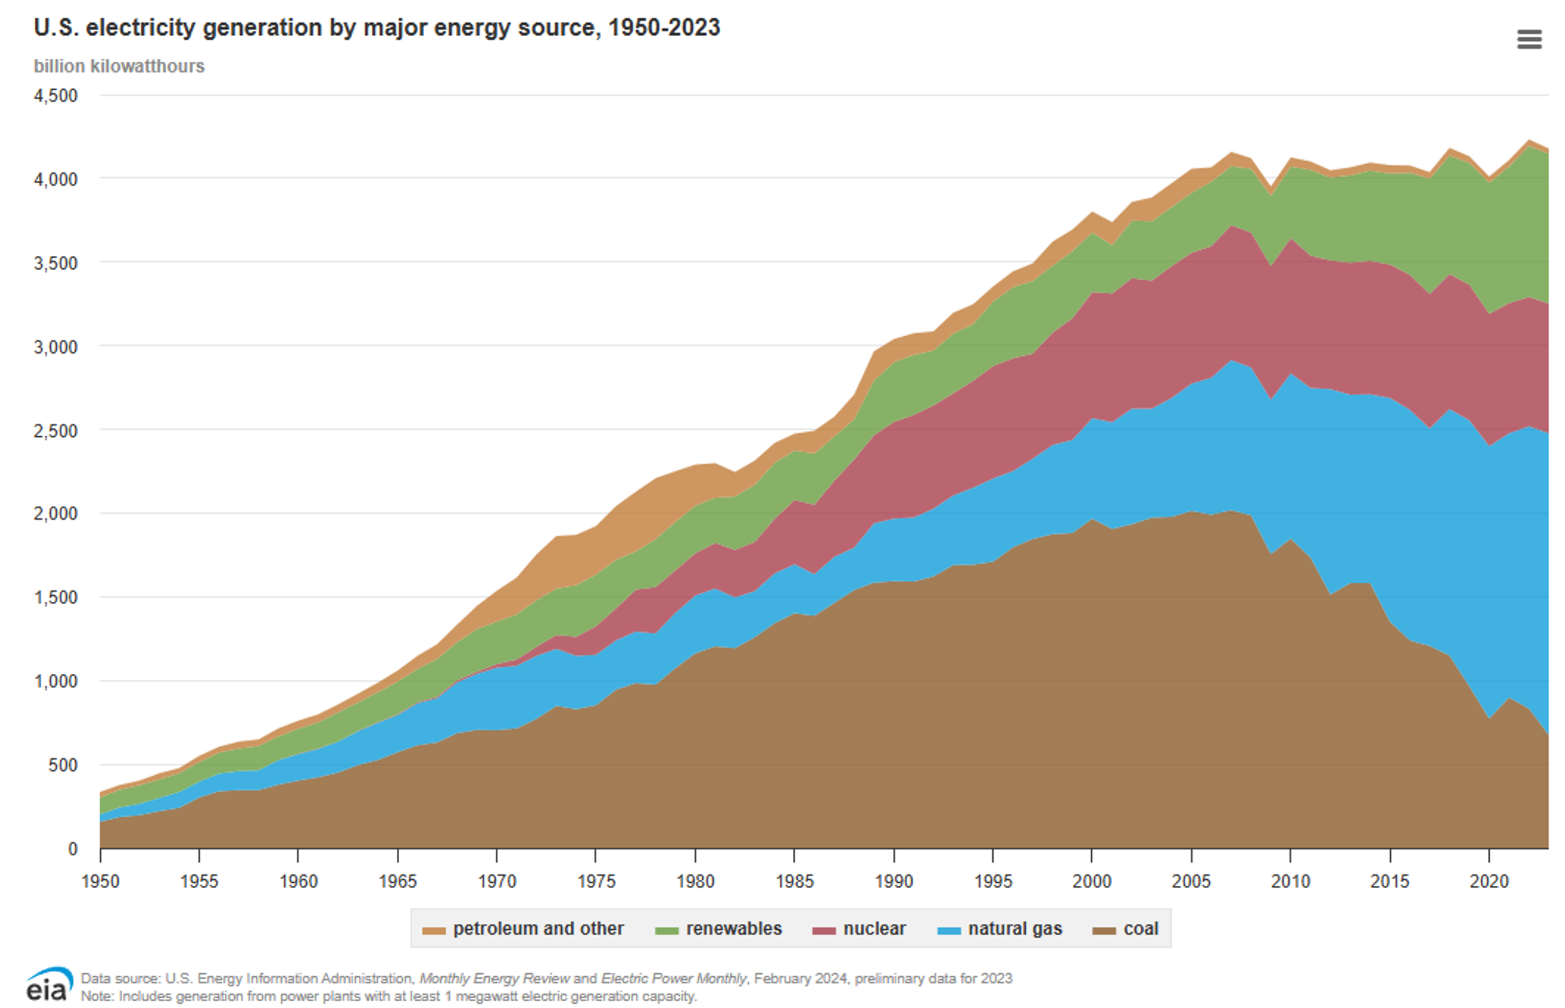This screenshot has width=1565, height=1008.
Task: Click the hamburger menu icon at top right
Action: [x=1528, y=39]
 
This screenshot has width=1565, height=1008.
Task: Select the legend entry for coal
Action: [x=1126, y=929]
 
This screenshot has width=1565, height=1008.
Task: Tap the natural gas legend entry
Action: [x=1000, y=929]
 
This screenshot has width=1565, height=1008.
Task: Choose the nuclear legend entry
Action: [x=859, y=929]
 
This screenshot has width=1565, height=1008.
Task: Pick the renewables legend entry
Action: [x=718, y=929]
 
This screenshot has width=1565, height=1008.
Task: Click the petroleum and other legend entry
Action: [x=523, y=929]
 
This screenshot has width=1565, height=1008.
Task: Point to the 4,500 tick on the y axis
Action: [x=56, y=95]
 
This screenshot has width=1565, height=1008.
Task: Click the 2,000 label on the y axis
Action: [x=56, y=513]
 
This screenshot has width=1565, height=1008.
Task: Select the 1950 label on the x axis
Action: [x=100, y=881]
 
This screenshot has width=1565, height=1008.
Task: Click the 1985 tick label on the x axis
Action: [x=794, y=881]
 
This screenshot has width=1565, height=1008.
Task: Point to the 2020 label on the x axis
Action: [x=1489, y=881]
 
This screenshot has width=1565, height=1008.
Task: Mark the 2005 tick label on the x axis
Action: [x=1191, y=881]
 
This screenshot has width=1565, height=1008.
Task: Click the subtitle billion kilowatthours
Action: [x=119, y=66]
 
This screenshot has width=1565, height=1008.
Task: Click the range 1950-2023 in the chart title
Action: [x=663, y=27]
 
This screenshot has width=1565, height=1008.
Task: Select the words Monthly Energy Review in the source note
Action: [x=495, y=979]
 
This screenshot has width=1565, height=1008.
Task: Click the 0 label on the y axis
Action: [x=73, y=849]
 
